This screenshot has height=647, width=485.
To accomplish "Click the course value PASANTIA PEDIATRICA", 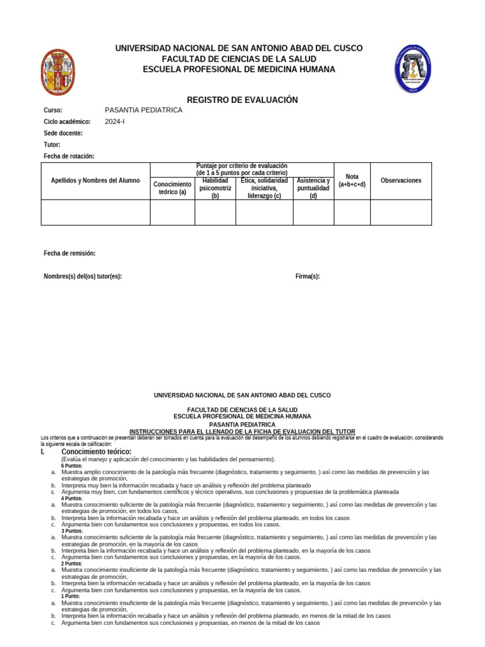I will click(x=143, y=110).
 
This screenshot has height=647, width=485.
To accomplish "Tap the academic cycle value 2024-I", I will click(x=115, y=121).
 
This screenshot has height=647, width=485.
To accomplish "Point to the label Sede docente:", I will click(x=63, y=133).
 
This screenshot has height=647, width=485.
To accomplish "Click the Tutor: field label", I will click(x=52, y=145).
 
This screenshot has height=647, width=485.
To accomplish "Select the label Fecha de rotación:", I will click(x=69, y=156).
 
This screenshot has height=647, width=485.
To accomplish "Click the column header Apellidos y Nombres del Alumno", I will click(x=95, y=181).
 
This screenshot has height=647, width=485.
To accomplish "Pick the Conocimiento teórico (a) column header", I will click(x=172, y=188).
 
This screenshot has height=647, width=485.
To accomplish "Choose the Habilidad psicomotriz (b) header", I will click(x=215, y=188).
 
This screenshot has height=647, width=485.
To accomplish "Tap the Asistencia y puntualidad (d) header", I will click(x=313, y=188).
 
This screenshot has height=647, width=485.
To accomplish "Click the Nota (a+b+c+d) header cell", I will click(x=352, y=181).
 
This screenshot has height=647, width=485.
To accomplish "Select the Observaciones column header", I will click(x=401, y=181).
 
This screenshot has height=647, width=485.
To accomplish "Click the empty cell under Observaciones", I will click(x=401, y=212).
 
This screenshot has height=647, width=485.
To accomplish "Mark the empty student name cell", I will click(x=95, y=212).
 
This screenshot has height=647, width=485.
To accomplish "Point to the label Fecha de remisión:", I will click(x=69, y=253).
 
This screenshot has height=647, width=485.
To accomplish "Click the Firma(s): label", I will click(x=308, y=276).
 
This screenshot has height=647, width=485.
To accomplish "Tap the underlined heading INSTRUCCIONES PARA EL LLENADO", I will click(x=242, y=432).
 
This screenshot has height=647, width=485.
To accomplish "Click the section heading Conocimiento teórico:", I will click(x=96, y=452).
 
